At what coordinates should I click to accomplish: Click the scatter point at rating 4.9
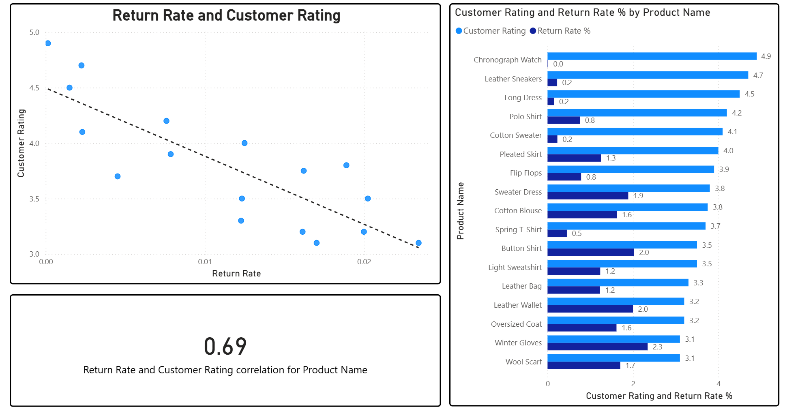pos(48,43)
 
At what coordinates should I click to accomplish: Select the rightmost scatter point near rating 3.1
pos(418,243)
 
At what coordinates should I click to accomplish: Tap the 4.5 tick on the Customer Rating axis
pos(34,88)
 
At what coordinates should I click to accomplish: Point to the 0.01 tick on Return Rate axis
pos(205,262)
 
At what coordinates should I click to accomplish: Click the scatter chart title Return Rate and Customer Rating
pos(226,15)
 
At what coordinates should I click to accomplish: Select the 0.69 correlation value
pos(225,347)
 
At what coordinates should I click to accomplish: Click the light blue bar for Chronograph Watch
pos(652,56)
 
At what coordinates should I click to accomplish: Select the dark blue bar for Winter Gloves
pos(597,347)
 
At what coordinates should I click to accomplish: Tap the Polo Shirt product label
pos(525,117)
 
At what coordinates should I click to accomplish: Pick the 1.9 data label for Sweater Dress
pos(638,196)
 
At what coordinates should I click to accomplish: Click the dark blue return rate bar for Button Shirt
pos(590,253)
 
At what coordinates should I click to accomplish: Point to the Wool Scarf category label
pos(523,362)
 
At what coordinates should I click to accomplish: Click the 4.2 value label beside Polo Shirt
pos(736,113)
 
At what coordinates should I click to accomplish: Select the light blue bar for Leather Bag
pos(618,283)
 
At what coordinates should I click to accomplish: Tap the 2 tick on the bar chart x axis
pos(633,383)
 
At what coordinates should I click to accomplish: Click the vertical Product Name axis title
pos(460,211)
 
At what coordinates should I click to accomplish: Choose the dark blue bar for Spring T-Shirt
pos(557,233)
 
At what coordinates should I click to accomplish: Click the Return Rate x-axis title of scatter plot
pos(236,274)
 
